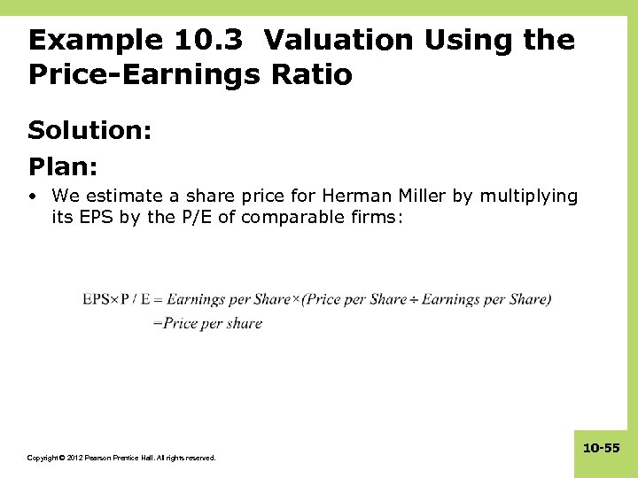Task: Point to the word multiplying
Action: coord(528,196)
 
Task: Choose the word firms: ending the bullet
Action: coord(379,217)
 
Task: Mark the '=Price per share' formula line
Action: coord(207,323)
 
